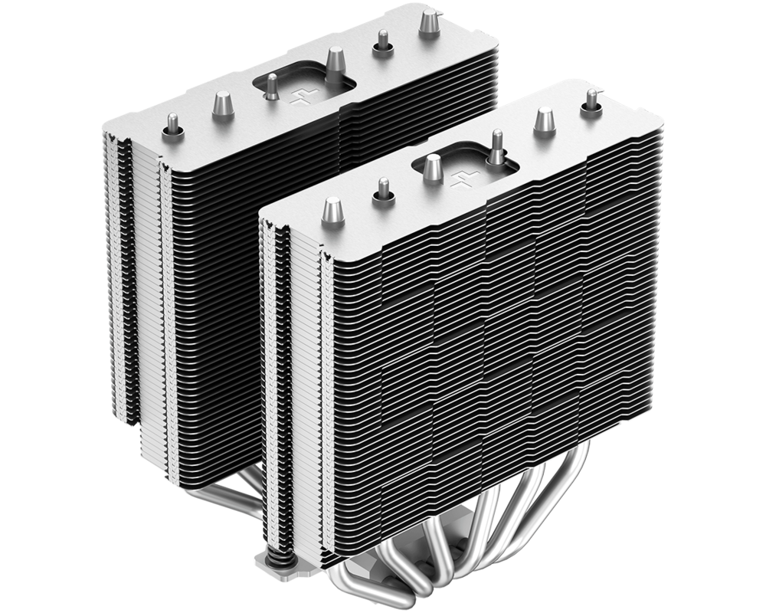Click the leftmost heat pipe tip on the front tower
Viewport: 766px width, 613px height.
(332, 208)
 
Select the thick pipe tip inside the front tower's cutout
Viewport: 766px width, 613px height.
(433, 166)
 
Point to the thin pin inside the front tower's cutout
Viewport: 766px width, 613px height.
(496, 148)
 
